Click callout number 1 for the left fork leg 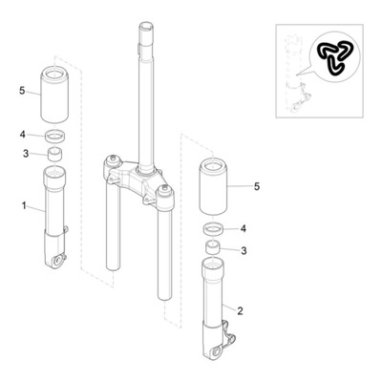tap(24, 205)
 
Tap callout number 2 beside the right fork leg tap(240, 310)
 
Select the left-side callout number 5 tap(22, 91)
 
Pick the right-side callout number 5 tap(257, 186)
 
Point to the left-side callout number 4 tap(22, 135)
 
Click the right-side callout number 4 tap(244, 228)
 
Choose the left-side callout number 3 tap(26, 154)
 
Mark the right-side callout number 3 tap(244, 251)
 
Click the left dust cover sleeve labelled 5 tap(54, 95)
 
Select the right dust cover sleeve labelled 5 tap(213, 186)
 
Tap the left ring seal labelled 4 tap(55, 137)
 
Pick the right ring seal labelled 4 tap(213, 229)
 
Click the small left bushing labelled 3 tap(54, 155)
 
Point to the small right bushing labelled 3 tap(213, 247)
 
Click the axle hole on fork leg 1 tap(57, 261)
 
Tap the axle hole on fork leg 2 tap(217, 352)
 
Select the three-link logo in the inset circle tap(335, 58)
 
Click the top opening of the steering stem tap(147, 25)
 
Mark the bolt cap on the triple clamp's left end tap(112, 159)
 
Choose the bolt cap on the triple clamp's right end tap(164, 189)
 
